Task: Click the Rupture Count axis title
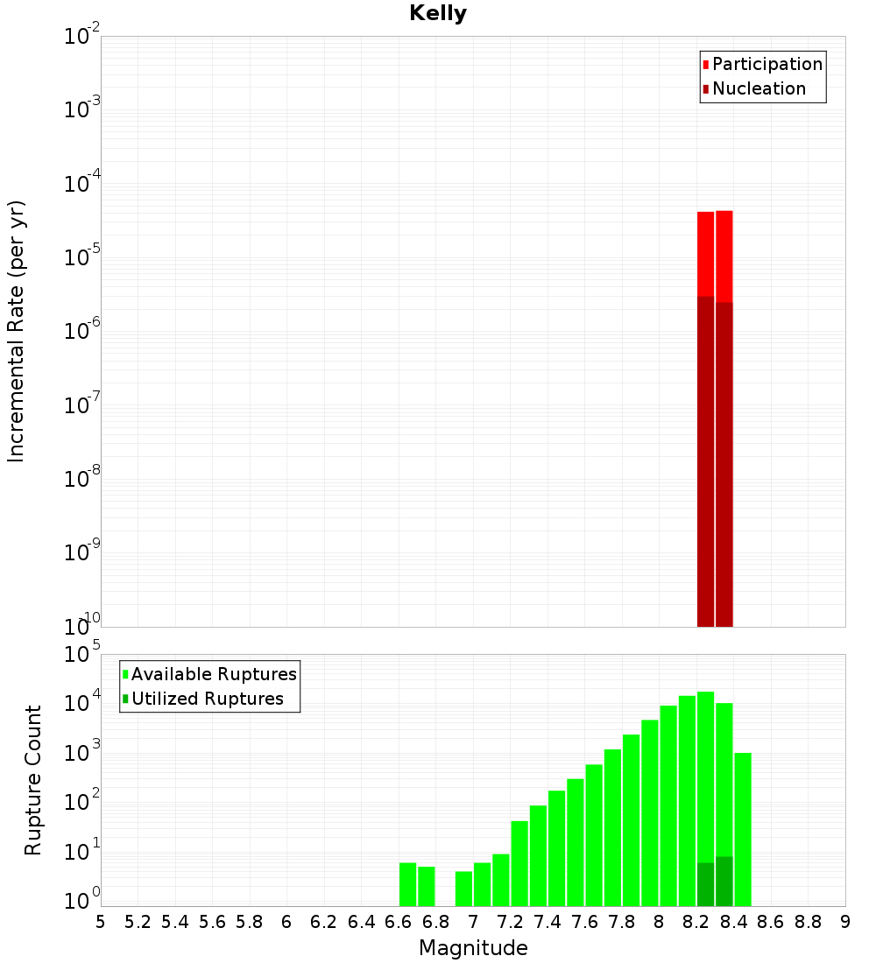[x=33, y=780]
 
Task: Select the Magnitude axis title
[x=473, y=948]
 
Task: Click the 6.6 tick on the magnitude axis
[x=398, y=922]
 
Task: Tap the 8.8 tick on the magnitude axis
[x=808, y=922]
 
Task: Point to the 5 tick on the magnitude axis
[x=101, y=922]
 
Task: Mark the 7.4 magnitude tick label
[x=547, y=922]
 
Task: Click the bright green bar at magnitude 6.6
[x=407, y=884]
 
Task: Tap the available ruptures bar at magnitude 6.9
[x=463, y=889]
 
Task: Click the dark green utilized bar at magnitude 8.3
[x=724, y=882]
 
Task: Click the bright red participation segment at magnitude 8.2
[x=705, y=254]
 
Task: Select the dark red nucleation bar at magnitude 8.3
[x=724, y=464]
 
